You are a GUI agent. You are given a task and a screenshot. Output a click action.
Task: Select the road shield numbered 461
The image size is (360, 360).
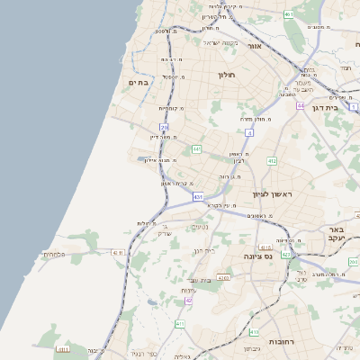(288, 14)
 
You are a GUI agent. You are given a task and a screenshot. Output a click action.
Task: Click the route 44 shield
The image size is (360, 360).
(301, 105)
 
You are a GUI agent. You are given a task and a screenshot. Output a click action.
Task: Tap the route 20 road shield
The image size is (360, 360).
(164, 128)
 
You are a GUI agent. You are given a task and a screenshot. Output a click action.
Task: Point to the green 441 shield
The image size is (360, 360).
(196, 148)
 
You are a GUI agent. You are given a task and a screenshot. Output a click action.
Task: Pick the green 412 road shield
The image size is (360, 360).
(271, 161)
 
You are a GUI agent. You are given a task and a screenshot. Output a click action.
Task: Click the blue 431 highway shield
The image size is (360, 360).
(198, 195)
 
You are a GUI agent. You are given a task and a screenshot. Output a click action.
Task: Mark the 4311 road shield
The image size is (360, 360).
(117, 253)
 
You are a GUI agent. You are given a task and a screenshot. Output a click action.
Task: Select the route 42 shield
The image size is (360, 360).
(188, 300)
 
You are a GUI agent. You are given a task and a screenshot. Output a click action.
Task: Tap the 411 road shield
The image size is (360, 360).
(180, 324)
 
